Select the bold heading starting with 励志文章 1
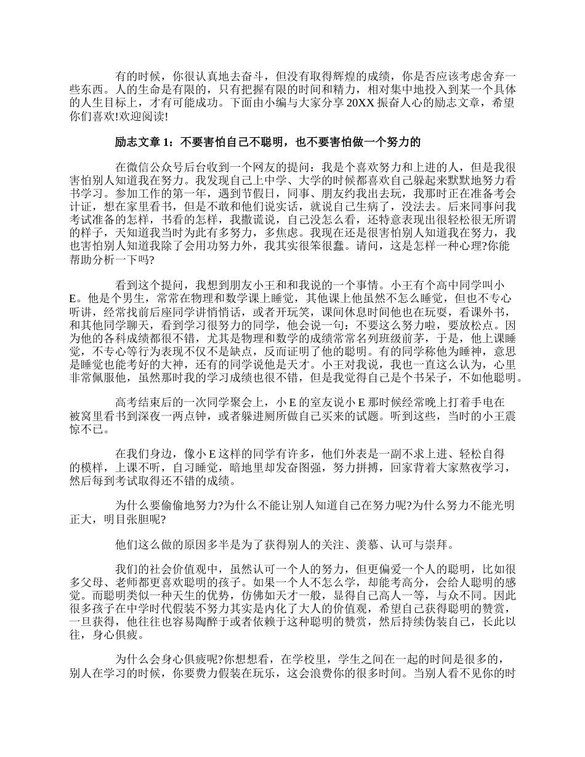pyautogui.click(x=268, y=142)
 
